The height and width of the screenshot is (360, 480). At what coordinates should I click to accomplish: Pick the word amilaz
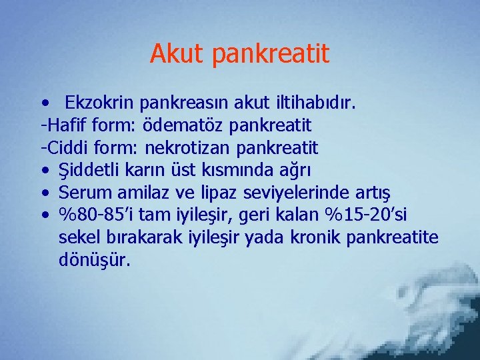[140, 192]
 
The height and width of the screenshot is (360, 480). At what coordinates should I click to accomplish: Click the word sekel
[77, 237]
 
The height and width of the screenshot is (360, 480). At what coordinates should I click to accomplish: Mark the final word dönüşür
[95, 259]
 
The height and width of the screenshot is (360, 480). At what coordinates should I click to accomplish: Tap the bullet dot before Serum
[44, 193]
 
